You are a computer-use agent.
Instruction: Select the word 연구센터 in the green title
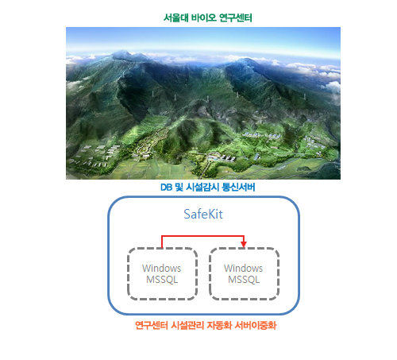pos(236,18)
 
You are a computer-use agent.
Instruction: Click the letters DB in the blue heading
pos(166,188)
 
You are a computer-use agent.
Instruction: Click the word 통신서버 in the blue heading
pos(238,188)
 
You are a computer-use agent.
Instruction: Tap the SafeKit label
pos(203,214)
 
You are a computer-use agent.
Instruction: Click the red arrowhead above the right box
pos(244,245)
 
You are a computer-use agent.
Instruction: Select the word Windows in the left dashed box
pos(162,268)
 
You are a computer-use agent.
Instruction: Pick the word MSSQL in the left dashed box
pos(162,280)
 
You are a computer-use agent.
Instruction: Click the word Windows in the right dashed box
pos(244,268)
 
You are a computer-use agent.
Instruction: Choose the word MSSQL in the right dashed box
pos(244,280)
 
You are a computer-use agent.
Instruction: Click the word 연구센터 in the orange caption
pos(152,325)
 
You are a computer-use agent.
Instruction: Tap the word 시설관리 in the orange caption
pos(187,325)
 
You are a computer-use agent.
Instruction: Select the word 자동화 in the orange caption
pos(219,325)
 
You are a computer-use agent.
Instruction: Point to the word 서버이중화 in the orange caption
pos(256,325)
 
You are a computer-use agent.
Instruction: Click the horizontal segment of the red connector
pos(202,236)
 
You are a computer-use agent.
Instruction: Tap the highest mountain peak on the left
pos(122,52)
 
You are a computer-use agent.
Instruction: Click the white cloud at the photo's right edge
pos(333,86)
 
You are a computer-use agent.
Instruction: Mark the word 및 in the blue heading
pos(179,188)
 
